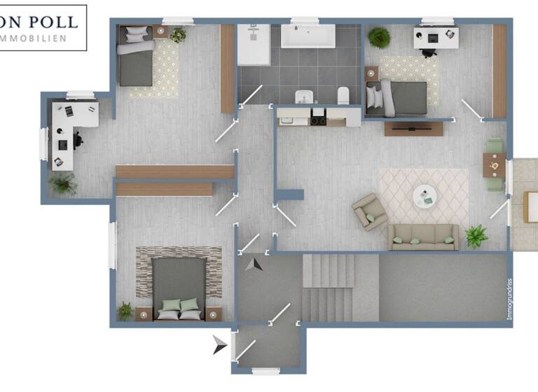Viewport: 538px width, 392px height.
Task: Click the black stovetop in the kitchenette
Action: point(318,120)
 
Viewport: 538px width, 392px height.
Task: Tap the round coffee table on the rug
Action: point(424,193)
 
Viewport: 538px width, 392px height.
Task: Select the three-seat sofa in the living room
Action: point(423,237)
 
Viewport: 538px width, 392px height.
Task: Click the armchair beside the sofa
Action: point(369,212)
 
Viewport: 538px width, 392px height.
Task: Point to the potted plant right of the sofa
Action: point(476,235)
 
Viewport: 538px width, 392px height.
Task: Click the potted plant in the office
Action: point(64,183)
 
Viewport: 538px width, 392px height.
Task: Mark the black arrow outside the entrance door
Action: point(221,344)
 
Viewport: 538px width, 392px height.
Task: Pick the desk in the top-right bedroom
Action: point(435,36)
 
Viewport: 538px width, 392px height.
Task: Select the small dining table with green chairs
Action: point(495,165)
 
